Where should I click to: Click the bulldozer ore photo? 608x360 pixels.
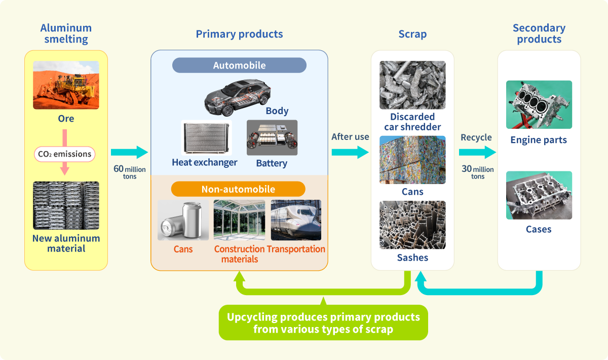[x=66, y=85]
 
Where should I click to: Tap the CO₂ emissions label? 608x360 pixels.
[x=64, y=154]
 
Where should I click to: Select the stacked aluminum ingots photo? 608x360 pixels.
[x=66, y=205]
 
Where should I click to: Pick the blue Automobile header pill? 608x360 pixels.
[x=239, y=65]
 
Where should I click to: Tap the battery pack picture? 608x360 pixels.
[x=272, y=138]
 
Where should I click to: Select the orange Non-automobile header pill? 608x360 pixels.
[x=238, y=189]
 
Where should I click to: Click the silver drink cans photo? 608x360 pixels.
[x=183, y=220]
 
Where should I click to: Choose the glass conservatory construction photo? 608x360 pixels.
[x=240, y=220]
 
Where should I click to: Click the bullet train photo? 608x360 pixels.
[x=296, y=220]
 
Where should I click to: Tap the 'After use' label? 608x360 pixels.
[x=350, y=137]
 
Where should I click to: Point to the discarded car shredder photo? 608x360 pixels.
[x=412, y=85]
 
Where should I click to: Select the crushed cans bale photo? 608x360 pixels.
[x=412, y=160]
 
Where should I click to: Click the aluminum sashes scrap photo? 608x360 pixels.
[x=412, y=225]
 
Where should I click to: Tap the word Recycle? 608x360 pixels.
[x=476, y=137]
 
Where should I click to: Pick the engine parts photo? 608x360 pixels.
[x=539, y=104]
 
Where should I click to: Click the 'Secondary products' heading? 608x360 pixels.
[x=539, y=33]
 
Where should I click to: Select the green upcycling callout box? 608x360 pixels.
[x=323, y=323]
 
